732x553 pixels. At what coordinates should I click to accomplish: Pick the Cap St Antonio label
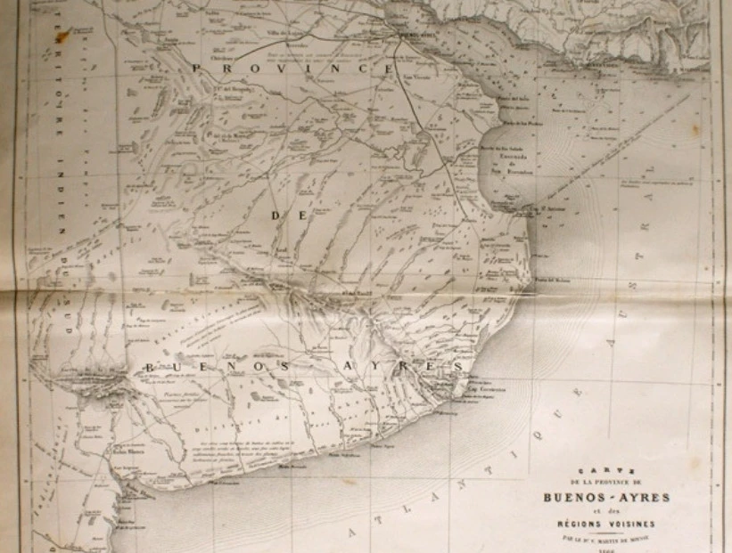coord(551,210)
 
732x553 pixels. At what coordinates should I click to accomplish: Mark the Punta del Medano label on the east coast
coord(553,279)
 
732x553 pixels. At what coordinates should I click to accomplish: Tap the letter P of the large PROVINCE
coord(198,68)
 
